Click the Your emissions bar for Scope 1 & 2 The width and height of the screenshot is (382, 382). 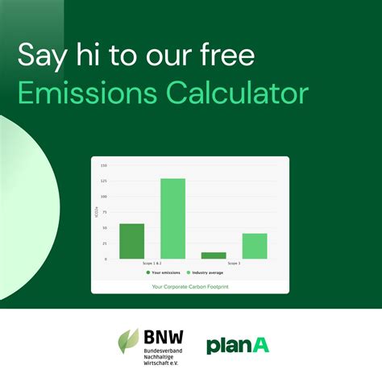[x=131, y=241]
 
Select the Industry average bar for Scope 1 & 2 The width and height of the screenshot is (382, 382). [x=172, y=218]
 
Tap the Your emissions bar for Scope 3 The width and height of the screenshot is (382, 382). [x=214, y=255]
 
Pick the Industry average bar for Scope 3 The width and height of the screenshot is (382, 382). [x=255, y=246]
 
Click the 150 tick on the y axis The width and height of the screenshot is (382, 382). [x=104, y=165]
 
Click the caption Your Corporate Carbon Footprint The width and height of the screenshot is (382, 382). [x=190, y=286]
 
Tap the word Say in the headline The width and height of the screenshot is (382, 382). [x=39, y=56]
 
